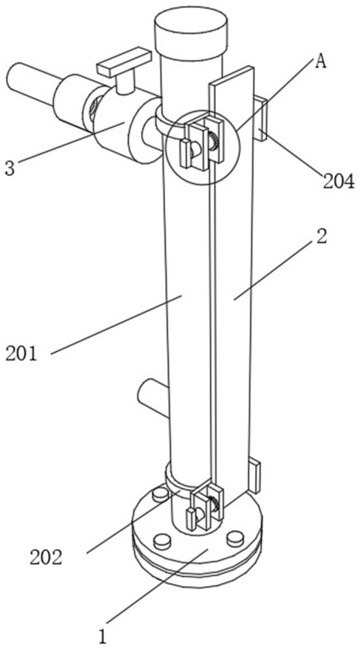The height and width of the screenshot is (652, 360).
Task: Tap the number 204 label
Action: pos(338,182)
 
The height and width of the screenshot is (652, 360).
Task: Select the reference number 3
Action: pos(10,168)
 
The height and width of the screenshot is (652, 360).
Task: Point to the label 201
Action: pos(22,354)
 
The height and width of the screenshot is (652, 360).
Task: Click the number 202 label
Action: pos(46,557)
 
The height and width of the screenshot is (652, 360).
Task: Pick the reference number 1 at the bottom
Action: pos(102,637)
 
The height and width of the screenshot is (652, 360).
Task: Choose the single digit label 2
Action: pos(321,237)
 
